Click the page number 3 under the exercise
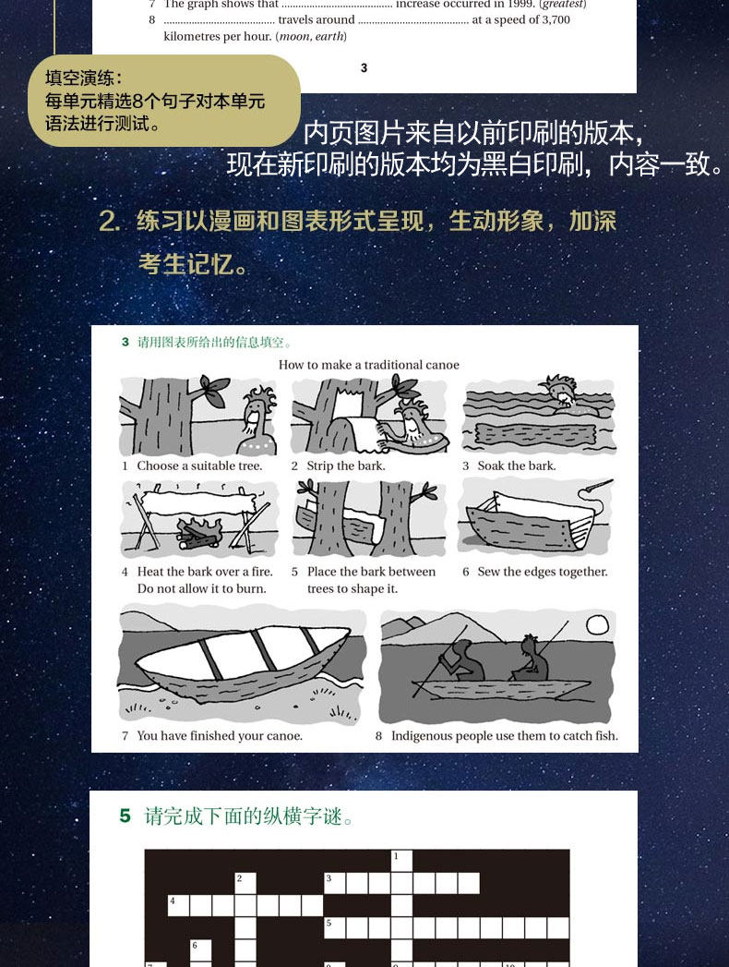(x=364, y=67)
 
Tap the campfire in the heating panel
(x=199, y=534)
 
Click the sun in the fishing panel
(x=597, y=625)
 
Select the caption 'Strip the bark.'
(x=346, y=466)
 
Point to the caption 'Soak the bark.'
(x=517, y=466)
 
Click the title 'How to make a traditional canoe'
(x=368, y=365)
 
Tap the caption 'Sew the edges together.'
(x=543, y=573)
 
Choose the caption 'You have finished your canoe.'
(x=220, y=736)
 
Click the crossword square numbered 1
(x=401, y=861)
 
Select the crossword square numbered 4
(x=179, y=905)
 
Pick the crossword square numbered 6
(x=201, y=949)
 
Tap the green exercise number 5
(x=125, y=816)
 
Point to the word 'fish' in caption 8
(x=606, y=736)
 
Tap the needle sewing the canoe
(x=597, y=487)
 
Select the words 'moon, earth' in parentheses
(x=311, y=36)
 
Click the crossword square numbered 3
(x=335, y=883)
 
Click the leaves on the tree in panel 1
(x=213, y=390)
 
